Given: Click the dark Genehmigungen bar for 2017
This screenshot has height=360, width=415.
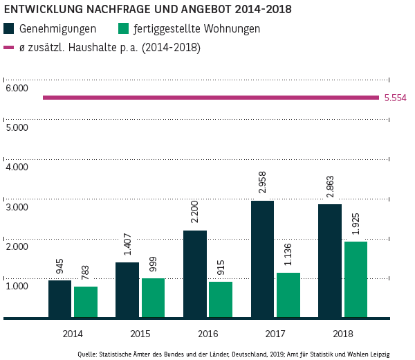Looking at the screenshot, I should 262,260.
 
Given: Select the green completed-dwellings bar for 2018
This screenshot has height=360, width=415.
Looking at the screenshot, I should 356,280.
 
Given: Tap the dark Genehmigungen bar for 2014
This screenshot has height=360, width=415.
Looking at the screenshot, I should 59,299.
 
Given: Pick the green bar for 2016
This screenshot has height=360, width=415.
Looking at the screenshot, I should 221,300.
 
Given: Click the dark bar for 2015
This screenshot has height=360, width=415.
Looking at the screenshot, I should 127,290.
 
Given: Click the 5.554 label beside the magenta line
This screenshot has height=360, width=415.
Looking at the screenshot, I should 395,98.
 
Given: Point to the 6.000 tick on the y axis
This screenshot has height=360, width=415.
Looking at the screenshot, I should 16,88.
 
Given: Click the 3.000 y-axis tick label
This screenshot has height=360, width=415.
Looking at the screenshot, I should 16,207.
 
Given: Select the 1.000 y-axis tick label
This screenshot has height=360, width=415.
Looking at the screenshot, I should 16,286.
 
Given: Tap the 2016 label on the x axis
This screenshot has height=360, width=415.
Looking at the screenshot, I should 207,334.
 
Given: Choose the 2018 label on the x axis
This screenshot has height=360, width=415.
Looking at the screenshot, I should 342,334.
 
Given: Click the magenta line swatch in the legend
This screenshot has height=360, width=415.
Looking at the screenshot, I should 9,48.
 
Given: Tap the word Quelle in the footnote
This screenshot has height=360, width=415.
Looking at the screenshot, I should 87,354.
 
